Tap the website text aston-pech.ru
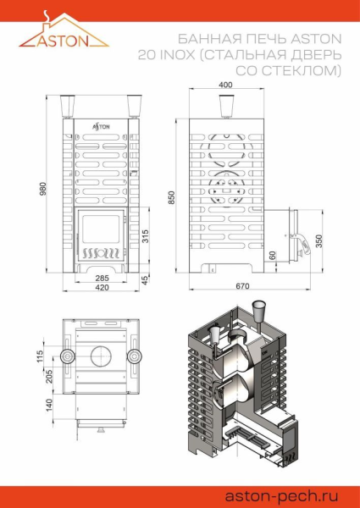(x=287, y=495)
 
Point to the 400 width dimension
(x=224, y=86)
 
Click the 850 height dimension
(x=171, y=196)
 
